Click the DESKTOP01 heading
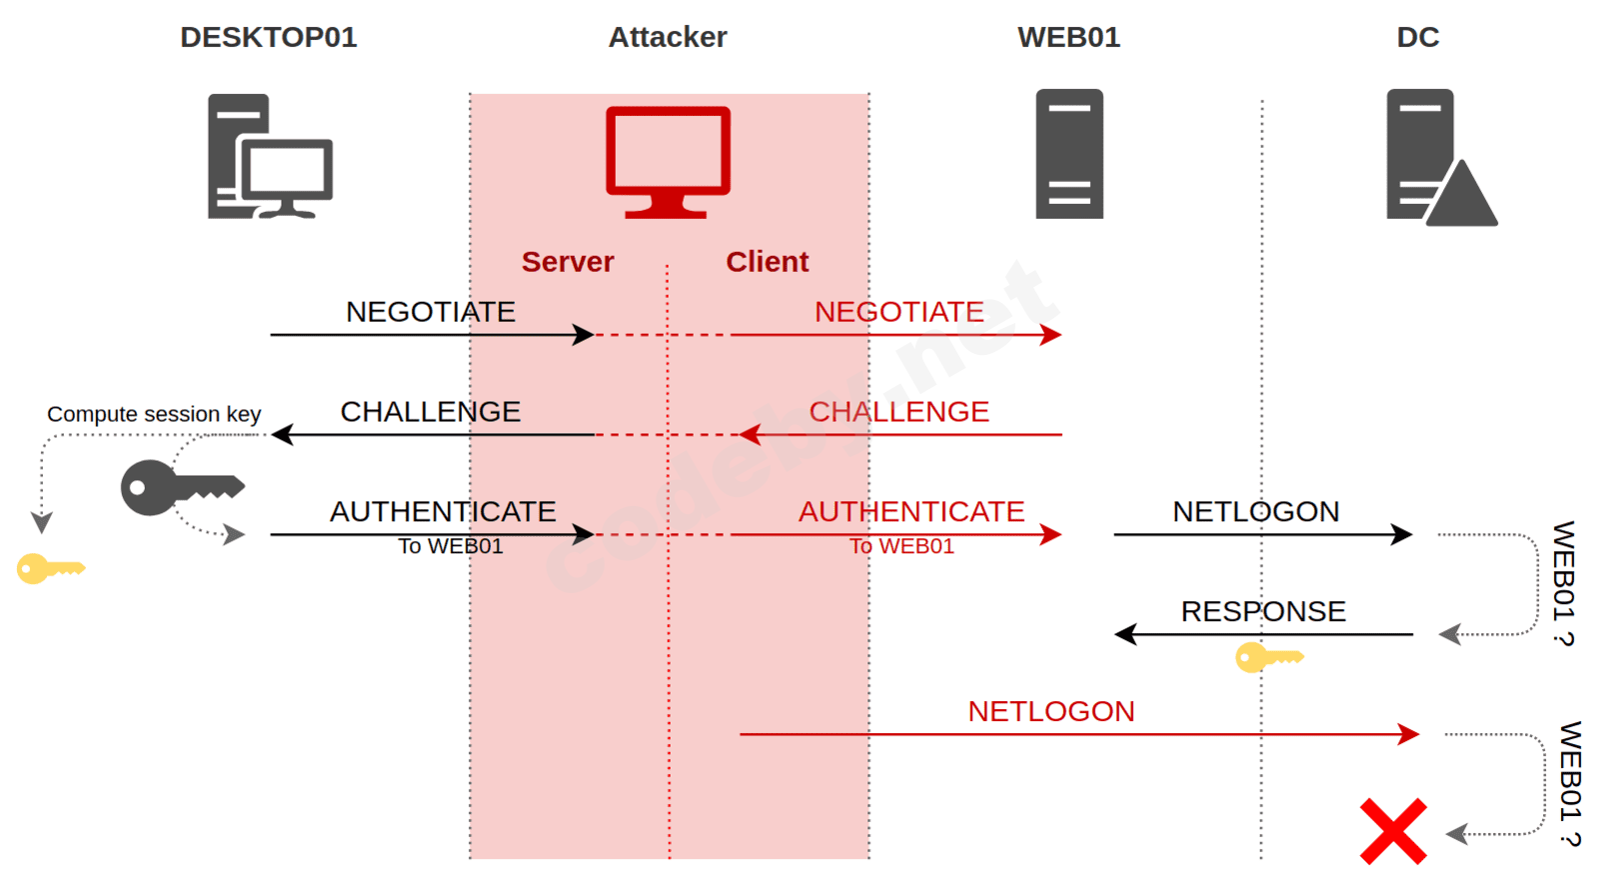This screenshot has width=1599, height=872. [268, 37]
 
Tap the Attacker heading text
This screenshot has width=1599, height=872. [668, 37]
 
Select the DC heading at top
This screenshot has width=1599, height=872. [1417, 37]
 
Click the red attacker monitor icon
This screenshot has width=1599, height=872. [668, 160]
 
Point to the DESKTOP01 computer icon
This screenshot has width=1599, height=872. [269, 156]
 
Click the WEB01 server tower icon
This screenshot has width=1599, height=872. [1069, 154]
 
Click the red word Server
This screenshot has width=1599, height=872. [568, 262]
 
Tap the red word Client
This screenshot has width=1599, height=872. [767, 262]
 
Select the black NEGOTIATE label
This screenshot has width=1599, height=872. [431, 312]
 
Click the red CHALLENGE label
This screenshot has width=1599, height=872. [898, 412]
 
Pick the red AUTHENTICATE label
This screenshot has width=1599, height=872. [910, 512]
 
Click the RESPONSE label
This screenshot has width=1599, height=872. [1263, 612]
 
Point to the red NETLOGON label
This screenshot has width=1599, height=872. [1050, 712]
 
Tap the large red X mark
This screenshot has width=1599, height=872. [1393, 831]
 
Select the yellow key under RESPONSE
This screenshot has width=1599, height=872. [1268, 658]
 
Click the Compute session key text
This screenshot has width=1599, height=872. [154, 414]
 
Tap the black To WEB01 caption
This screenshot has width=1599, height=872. [451, 546]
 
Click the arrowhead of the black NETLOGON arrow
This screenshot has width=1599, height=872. [1403, 535]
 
